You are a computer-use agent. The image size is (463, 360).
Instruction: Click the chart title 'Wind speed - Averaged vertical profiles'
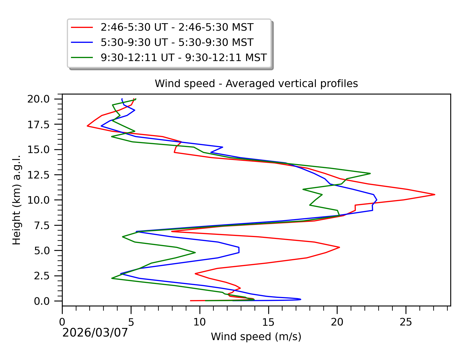(x=256, y=83)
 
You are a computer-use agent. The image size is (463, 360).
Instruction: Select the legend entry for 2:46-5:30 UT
(x=177, y=27)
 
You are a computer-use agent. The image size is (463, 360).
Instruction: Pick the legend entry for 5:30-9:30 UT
(x=177, y=43)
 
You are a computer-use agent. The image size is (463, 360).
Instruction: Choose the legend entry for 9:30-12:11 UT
(x=183, y=57)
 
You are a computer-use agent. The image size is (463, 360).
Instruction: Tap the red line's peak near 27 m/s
(x=435, y=195)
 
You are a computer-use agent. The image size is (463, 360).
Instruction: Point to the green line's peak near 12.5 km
(x=370, y=174)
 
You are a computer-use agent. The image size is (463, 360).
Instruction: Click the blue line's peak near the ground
(x=301, y=299)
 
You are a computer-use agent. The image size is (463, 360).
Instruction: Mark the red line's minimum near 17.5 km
(x=87, y=126)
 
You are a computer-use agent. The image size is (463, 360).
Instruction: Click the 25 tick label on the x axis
(x=406, y=322)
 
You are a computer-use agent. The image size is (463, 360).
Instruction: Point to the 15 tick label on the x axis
(x=268, y=322)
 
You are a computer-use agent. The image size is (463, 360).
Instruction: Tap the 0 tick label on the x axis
(x=62, y=322)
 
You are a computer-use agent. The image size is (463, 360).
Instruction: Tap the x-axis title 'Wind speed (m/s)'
(x=256, y=337)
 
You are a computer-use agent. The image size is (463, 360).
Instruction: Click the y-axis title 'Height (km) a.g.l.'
(x=17, y=200)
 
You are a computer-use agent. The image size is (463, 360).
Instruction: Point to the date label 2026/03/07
(x=95, y=333)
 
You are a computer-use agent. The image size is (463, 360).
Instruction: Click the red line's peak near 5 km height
(x=340, y=247)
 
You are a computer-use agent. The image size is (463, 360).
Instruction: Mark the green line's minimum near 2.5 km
(x=112, y=278)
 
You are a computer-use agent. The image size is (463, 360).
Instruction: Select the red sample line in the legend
(x=82, y=27)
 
